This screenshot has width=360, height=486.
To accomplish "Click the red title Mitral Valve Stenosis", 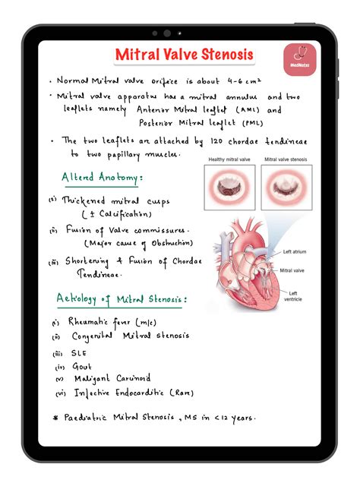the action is click(184, 55).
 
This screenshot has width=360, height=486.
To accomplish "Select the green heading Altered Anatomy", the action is click(101, 178).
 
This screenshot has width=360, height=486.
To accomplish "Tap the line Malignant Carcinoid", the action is click(112, 378).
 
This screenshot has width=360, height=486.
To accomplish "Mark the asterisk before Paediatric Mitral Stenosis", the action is click(55, 418).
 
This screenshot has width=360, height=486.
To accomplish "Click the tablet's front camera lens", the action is click(166, 33).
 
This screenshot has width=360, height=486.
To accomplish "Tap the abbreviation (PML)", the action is click(254, 124).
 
